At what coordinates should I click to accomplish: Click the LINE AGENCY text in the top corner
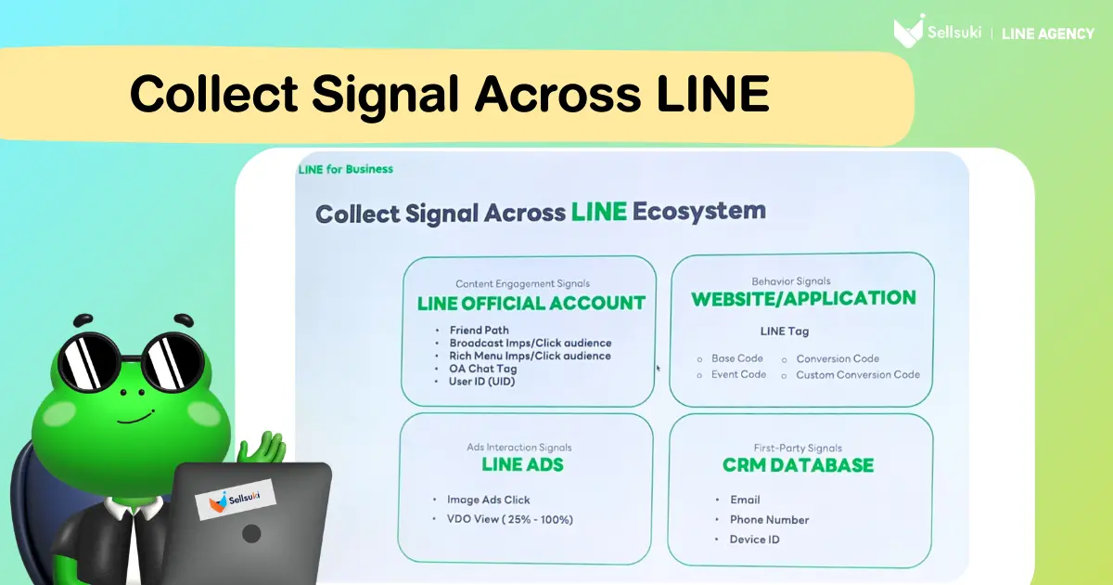(1048, 33)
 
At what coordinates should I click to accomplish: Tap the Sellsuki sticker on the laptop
(236, 499)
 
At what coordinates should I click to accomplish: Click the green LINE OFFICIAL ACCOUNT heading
(531, 304)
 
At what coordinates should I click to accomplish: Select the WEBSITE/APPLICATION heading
(803, 298)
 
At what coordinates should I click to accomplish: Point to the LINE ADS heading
(522, 464)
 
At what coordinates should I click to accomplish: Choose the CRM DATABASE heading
(798, 465)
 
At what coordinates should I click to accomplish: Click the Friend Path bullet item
(479, 331)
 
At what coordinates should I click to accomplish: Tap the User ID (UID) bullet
(481, 382)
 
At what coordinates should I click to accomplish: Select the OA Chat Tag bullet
(483, 369)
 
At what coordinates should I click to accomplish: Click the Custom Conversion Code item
(858, 374)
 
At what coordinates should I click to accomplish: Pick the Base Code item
(736, 358)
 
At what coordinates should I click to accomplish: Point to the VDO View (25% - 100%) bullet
(510, 519)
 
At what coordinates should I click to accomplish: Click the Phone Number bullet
(769, 520)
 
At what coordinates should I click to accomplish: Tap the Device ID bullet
(754, 539)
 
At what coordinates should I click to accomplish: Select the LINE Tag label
(785, 331)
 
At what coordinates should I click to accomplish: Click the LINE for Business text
(345, 170)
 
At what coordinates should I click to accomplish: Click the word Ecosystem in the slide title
(698, 211)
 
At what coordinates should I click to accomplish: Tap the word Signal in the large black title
(385, 96)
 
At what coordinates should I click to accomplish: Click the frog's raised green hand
(262, 447)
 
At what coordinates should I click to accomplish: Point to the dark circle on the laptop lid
(251, 534)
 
